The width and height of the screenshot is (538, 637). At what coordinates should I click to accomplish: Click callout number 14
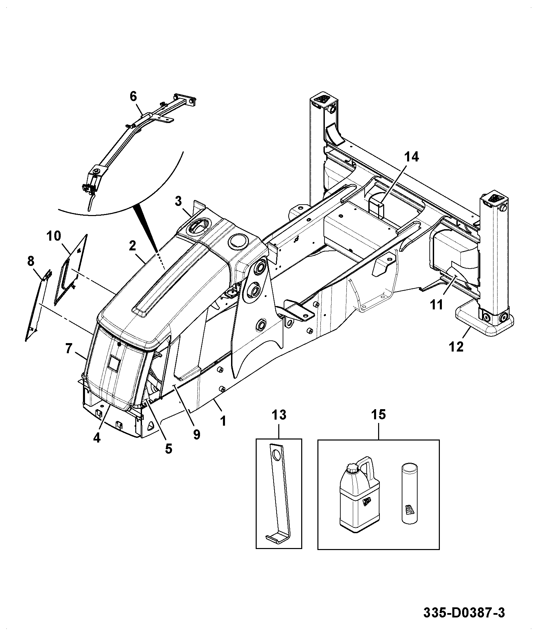(x=411, y=157)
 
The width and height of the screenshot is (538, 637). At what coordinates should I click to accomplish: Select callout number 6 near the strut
(x=133, y=96)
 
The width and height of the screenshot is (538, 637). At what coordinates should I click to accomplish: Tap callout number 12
(x=456, y=346)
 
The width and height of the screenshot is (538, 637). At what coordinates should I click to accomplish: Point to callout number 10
(x=54, y=236)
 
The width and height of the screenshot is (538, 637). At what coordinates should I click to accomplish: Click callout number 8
(x=31, y=261)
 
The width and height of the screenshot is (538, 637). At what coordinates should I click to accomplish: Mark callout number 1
(x=223, y=421)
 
